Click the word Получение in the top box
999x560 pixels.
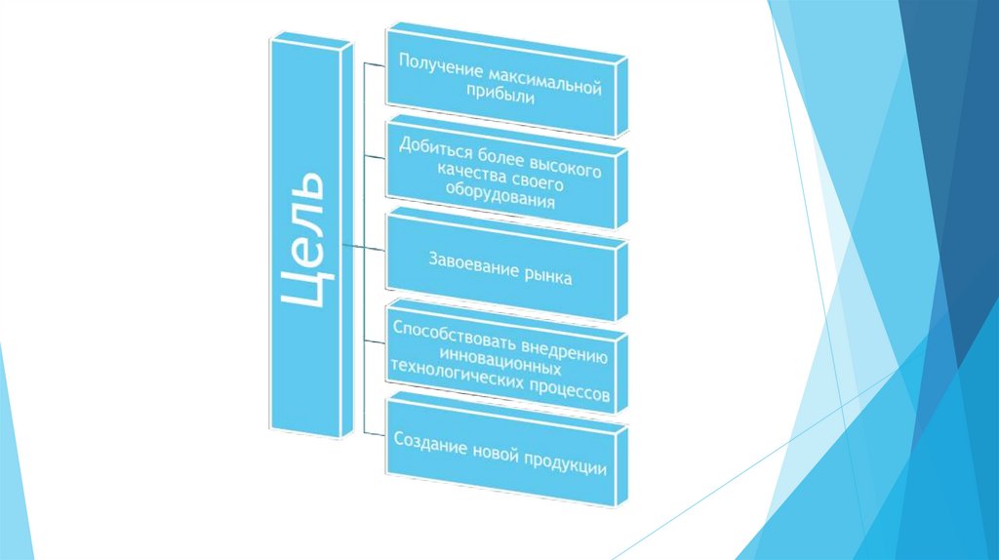435,68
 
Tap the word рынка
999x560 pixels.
544,277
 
